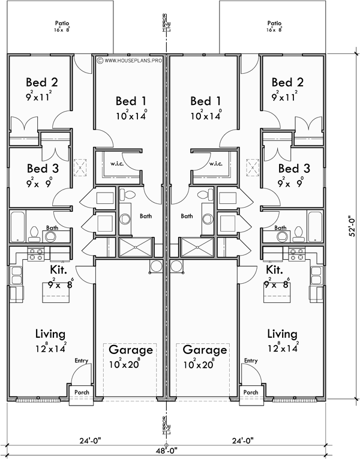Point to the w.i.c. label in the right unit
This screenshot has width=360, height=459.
(x=215, y=164)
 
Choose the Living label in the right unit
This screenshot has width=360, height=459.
(x=281, y=334)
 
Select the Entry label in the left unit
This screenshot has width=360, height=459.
(x=81, y=361)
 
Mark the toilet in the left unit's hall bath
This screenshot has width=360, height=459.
(x=35, y=233)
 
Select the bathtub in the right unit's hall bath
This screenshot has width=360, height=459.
(x=314, y=227)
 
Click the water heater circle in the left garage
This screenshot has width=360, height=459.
(x=156, y=266)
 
